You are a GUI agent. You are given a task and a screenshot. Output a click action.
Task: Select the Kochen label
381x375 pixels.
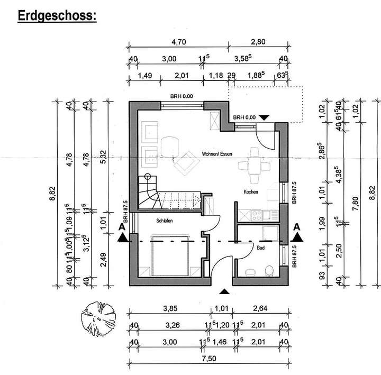(251, 191)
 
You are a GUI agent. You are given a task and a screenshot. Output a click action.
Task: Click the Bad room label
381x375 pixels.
(260, 248)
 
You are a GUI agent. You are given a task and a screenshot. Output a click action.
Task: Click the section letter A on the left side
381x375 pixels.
(122, 226)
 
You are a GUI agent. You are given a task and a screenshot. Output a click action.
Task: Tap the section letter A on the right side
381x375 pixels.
(297, 226)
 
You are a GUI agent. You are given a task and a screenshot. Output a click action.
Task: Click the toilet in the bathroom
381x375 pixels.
(268, 271)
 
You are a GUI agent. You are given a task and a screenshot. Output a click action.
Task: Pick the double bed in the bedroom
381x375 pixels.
(170, 256)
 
